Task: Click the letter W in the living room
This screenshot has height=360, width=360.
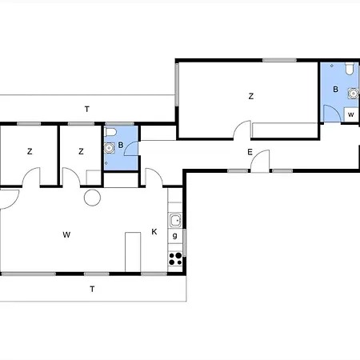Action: pos(67,235)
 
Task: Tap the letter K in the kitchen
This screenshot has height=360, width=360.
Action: pos(154,232)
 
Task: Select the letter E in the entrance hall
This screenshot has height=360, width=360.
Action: pos(250,152)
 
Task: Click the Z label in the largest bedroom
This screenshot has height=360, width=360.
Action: pos(251,96)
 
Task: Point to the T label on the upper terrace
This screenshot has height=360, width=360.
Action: pos(87,108)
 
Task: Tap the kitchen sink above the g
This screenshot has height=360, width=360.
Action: pos(175,220)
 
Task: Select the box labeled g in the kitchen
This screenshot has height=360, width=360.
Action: pos(175,236)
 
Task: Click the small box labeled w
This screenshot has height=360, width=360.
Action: pos(350,114)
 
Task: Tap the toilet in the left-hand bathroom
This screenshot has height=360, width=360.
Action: pos(112,131)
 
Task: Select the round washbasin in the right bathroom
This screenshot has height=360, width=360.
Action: pos(352,92)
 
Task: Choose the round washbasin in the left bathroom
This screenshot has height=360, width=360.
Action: pos(108,147)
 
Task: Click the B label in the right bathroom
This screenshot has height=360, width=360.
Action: pos(336,90)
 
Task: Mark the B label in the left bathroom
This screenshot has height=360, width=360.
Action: pos(120,146)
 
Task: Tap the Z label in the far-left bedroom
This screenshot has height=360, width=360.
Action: pos(30,151)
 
